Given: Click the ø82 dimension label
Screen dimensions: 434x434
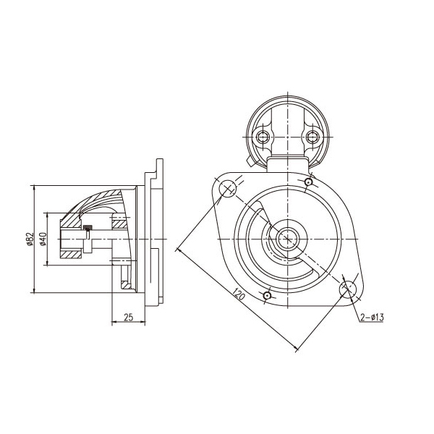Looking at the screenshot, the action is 30,239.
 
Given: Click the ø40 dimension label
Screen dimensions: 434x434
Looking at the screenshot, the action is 43,239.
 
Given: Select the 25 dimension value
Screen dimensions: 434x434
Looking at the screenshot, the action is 128,317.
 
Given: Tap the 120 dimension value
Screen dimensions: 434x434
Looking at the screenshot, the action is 239,294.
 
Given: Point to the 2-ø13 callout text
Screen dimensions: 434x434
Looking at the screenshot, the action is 372,318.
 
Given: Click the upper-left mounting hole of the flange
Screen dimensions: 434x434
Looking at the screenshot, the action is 228,189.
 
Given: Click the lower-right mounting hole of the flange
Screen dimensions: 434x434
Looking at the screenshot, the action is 348,289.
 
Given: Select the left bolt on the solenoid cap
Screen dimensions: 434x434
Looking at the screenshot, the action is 263,137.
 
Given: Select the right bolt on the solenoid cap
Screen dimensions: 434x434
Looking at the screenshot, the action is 312,137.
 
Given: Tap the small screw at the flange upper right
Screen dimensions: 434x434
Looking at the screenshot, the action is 308,182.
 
